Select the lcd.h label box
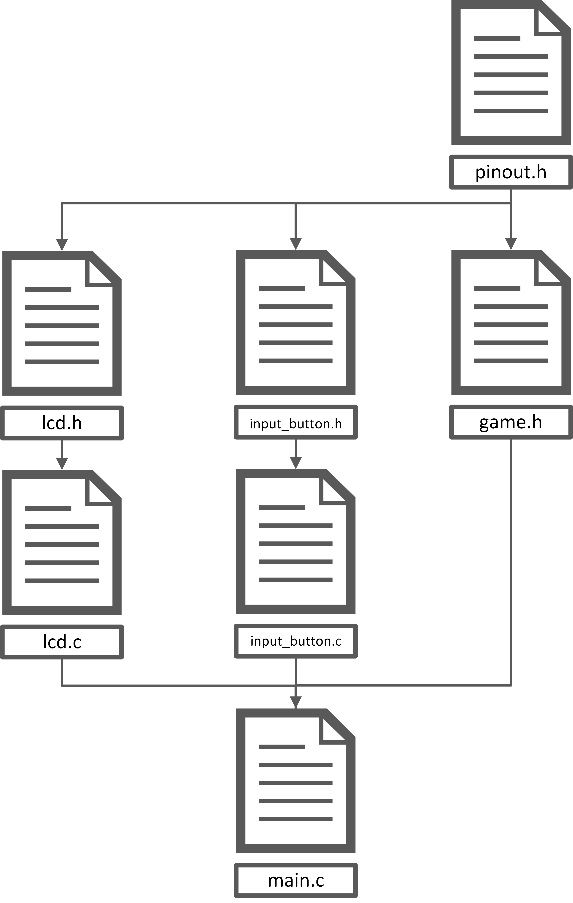coord(62,423)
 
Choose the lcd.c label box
coord(62,642)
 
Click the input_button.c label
coord(296,641)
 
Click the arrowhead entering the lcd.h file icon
coord(62,244)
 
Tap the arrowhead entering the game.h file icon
coord(511,244)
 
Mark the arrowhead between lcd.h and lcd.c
coord(62,463)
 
